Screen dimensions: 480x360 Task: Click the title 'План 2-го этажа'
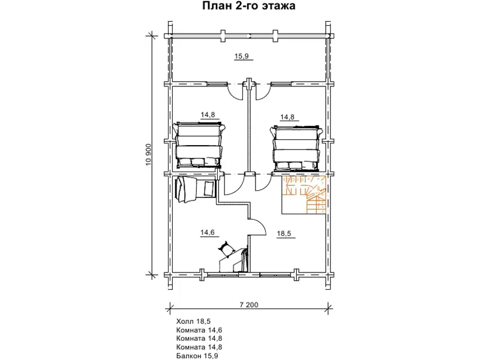click(248, 6)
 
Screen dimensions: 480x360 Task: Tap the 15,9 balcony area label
click(242, 56)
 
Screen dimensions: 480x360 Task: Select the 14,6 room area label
click(208, 233)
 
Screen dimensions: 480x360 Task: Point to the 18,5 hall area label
click(284, 234)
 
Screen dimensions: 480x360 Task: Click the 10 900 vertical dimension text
click(149, 155)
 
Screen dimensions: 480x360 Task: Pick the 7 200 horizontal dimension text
click(249, 305)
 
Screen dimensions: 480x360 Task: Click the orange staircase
click(304, 194)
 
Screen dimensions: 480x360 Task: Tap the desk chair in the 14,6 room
click(226, 249)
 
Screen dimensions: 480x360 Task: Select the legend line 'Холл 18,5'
click(193, 322)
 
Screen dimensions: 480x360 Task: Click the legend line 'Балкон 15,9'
click(197, 356)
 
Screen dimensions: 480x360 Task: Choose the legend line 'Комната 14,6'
click(199, 330)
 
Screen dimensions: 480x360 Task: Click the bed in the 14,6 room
click(195, 190)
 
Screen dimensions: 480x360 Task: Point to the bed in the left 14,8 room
click(199, 145)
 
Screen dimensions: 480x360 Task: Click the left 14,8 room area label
click(208, 115)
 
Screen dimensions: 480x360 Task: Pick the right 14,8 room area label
click(287, 117)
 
